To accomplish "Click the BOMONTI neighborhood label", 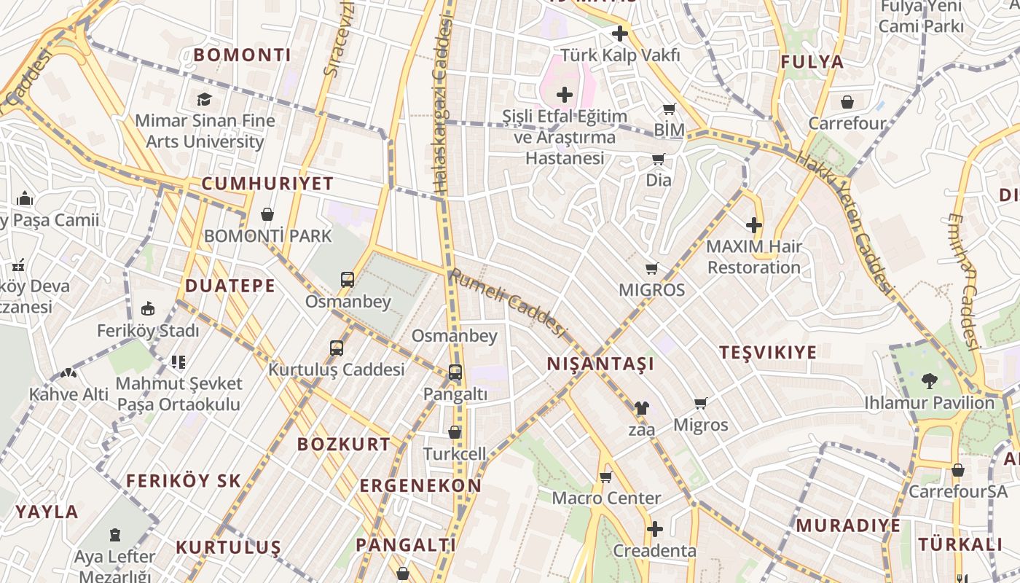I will (242, 55).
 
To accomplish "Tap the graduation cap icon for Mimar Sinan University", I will (204, 99).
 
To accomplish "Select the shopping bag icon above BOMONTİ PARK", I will (267, 214).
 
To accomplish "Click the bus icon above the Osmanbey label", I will (348, 279).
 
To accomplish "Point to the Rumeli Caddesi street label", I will (507, 303).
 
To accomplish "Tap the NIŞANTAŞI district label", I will (600, 364).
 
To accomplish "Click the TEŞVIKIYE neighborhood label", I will (768, 353).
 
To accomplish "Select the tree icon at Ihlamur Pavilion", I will (929, 380).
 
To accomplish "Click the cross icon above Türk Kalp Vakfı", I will (619, 34).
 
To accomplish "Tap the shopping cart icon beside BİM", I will (669, 109).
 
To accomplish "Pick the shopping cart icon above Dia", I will (658, 159).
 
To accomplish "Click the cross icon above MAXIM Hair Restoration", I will (754, 225).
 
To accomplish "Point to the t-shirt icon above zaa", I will (641, 408).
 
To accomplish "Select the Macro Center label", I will (606, 498).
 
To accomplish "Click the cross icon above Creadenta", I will (654, 528).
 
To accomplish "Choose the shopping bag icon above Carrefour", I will (847, 102).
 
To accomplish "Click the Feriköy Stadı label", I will (148, 331).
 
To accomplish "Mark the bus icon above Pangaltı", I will (455, 372).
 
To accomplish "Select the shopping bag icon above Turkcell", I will (455, 432).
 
